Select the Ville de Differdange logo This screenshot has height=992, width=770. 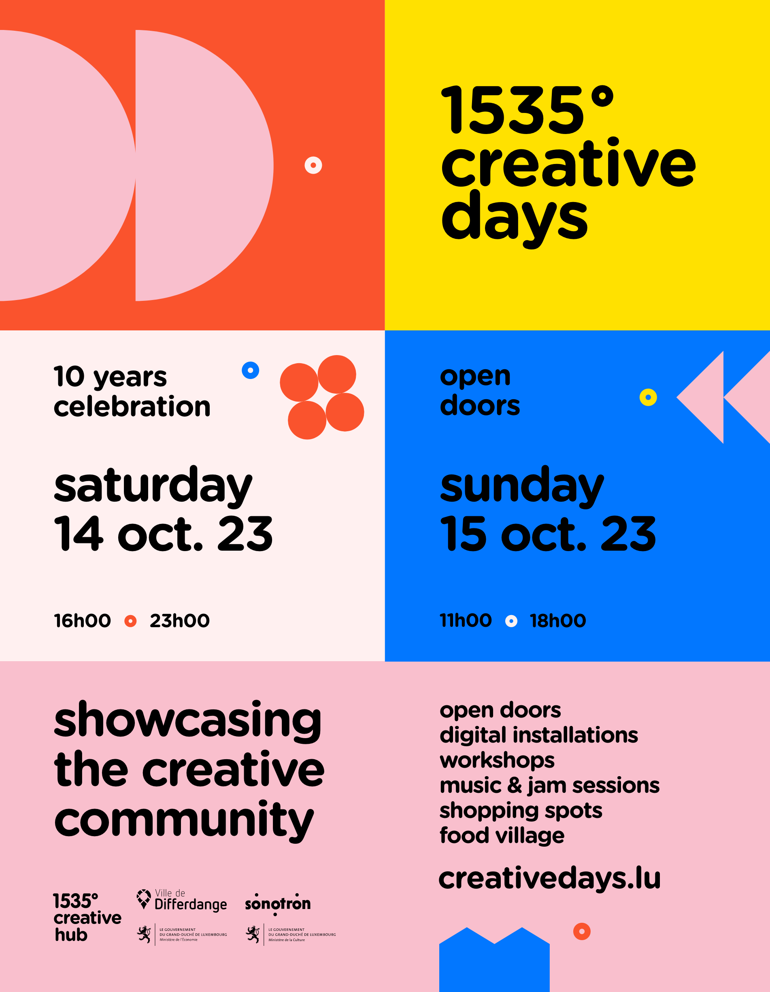point(182,900)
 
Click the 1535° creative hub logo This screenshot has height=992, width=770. point(87,917)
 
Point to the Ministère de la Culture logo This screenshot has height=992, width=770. point(291,935)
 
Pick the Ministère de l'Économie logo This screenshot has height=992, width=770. point(182,935)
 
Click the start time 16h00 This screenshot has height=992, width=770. point(82,620)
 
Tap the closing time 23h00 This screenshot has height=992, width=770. point(179,620)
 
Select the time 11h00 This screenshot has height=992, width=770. point(466,620)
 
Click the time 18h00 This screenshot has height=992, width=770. point(558,620)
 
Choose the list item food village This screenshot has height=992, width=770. point(502,835)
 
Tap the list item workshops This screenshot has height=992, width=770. point(497,760)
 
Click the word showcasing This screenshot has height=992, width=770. point(187,720)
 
